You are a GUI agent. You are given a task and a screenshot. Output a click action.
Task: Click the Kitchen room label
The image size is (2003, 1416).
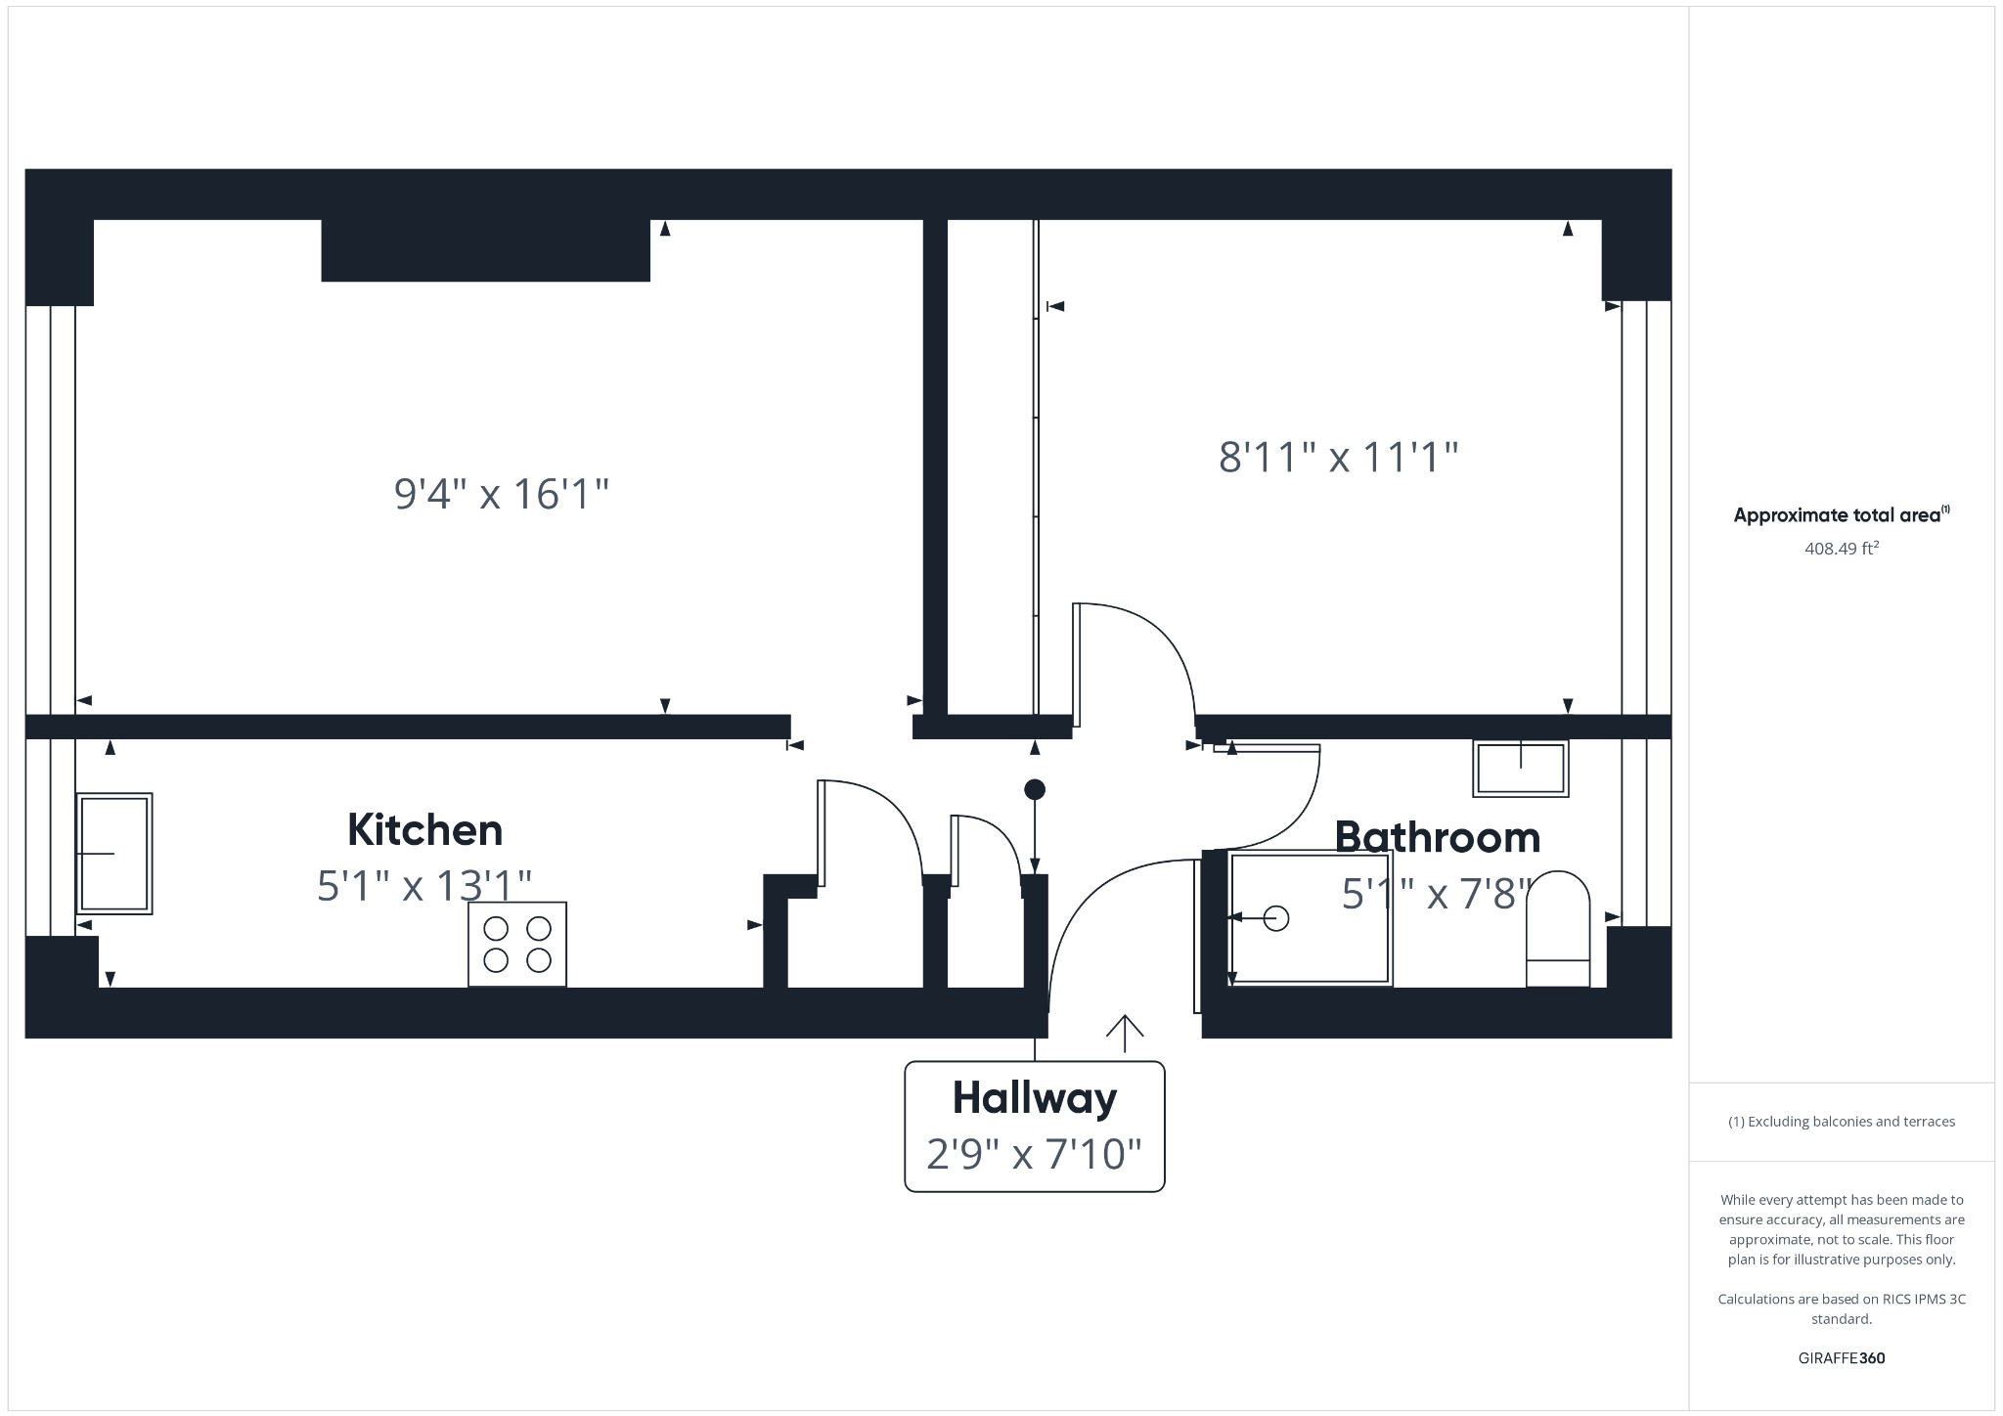tap(425, 830)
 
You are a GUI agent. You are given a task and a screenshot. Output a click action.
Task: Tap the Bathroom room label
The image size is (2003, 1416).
tap(1437, 838)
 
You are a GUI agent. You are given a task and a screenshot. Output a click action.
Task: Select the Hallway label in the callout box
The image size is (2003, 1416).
tap(1035, 1098)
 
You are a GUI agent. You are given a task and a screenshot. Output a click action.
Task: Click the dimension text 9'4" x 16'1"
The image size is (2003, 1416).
tap(501, 494)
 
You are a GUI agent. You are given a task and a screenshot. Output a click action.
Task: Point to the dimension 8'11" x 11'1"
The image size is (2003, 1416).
tap(1338, 457)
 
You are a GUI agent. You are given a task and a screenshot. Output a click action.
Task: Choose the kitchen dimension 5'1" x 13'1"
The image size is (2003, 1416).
tap(424, 886)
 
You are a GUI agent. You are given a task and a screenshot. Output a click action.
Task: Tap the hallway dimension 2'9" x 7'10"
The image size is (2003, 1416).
tap(1034, 1155)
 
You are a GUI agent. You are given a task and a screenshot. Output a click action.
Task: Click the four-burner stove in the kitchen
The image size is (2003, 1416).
tap(517, 944)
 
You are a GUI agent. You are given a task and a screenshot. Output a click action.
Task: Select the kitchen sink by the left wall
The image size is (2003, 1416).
tap(114, 854)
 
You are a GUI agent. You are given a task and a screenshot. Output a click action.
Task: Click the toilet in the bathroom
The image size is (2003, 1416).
tap(1558, 929)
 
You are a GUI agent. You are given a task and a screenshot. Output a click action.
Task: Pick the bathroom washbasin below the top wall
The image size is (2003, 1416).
tap(1521, 768)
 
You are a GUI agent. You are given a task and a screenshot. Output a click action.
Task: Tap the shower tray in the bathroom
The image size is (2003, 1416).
tap(1311, 918)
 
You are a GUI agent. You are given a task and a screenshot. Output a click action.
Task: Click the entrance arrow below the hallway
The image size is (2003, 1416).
tap(1125, 1033)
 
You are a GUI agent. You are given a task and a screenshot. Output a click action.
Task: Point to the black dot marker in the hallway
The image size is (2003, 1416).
tap(1035, 789)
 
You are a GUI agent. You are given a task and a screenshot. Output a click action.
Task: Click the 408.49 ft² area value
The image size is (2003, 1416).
tap(1842, 549)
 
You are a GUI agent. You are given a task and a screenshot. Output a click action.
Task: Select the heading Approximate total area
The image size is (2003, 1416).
tap(1840, 515)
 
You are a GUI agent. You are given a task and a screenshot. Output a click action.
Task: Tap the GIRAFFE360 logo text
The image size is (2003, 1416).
tap(1842, 1358)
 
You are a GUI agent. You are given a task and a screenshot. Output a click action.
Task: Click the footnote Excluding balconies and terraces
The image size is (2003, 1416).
tap(1842, 1122)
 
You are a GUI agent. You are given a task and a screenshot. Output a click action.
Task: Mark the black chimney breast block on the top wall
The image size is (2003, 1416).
tap(486, 250)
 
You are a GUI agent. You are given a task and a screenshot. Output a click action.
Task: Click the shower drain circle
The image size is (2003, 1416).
tap(1276, 918)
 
